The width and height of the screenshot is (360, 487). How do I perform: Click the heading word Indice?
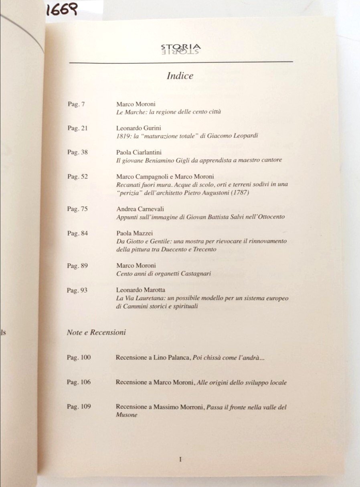(180, 75)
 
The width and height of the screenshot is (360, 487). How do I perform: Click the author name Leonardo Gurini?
(139, 128)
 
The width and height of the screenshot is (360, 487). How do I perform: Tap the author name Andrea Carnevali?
(140, 209)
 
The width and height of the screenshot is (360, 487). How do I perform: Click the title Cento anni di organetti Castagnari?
(164, 274)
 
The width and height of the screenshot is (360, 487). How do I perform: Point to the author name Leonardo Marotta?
(140, 290)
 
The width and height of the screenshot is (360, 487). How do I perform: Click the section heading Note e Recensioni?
(96, 332)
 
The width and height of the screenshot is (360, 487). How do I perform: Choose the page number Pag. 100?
(79, 357)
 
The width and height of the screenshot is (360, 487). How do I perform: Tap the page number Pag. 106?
(79, 382)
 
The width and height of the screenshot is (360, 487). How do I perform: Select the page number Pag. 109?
(79, 407)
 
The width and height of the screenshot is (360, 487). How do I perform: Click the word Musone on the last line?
(126, 415)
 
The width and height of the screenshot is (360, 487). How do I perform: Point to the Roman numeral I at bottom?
(180, 460)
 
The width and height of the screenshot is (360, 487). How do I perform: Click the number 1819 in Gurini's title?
(122, 136)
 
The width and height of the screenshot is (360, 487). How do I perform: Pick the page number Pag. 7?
(76, 104)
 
